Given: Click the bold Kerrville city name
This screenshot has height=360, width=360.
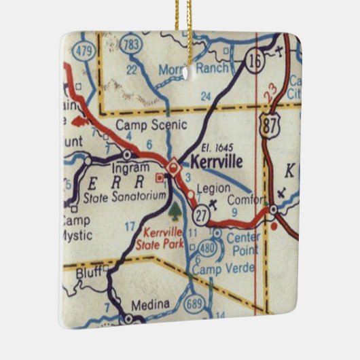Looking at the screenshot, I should click(218, 162).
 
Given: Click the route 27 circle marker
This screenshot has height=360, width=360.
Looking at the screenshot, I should click(200, 215).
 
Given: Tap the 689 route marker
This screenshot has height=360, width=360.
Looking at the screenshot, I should click(196, 300).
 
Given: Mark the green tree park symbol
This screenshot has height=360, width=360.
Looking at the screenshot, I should click(175, 209).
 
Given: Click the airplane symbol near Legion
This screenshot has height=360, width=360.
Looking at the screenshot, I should click(215, 204).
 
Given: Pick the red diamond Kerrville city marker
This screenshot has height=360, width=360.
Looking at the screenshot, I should click(173, 164).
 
